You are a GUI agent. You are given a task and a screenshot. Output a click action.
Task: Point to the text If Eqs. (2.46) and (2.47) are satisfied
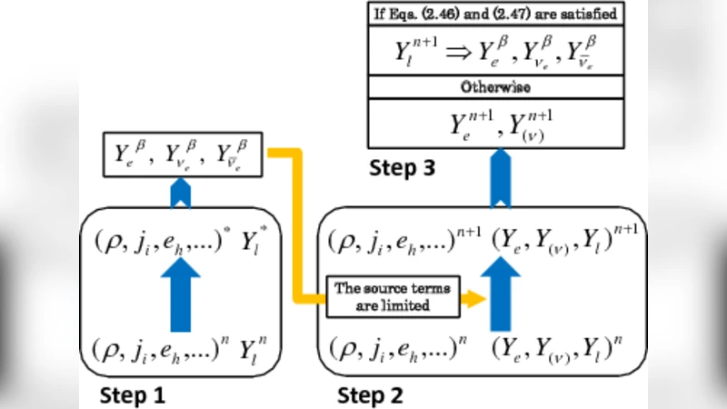tap(495, 14)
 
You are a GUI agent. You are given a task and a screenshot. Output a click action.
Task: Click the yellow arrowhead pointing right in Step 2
tap(470, 296)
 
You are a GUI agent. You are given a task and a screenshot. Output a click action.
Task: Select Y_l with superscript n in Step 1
tap(262, 349)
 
